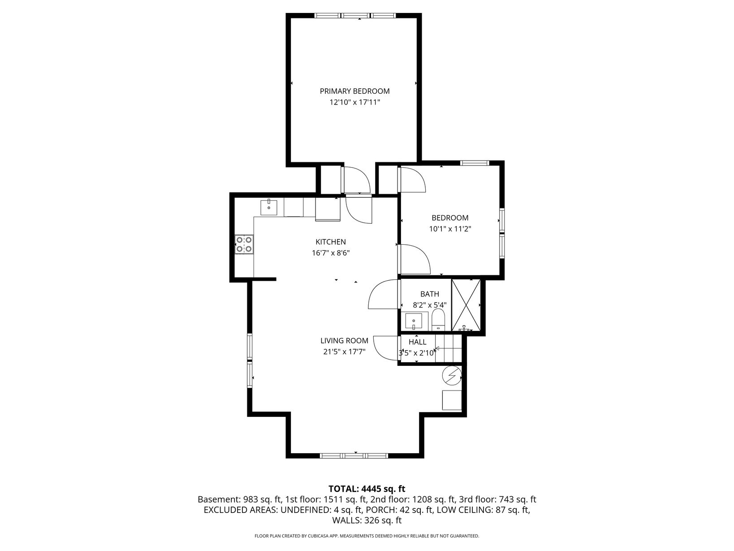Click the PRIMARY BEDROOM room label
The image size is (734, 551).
coord(354,91)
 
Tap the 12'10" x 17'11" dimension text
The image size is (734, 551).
coord(355,102)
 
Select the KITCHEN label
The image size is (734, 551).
coord(330,242)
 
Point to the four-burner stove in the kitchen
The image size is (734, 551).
coord(244,244)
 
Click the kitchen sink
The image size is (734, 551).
coord(269,208)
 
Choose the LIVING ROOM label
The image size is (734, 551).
coord(344,341)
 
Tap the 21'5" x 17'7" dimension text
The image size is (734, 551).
coord(344,351)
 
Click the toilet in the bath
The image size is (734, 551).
coord(438,320)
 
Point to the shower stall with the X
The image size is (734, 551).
coord(466,305)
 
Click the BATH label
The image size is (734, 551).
coord(430,294)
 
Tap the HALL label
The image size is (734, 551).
coord(417,342)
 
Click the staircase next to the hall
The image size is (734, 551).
coord(449,349)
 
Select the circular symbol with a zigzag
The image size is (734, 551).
coord(452,375)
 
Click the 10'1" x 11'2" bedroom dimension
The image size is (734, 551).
coord(450,229)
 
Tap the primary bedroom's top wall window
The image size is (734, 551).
coord(355,15)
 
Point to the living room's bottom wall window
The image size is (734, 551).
coord(354,456)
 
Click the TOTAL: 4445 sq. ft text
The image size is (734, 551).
coord(367,489)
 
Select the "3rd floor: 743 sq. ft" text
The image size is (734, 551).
coord(497,499)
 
